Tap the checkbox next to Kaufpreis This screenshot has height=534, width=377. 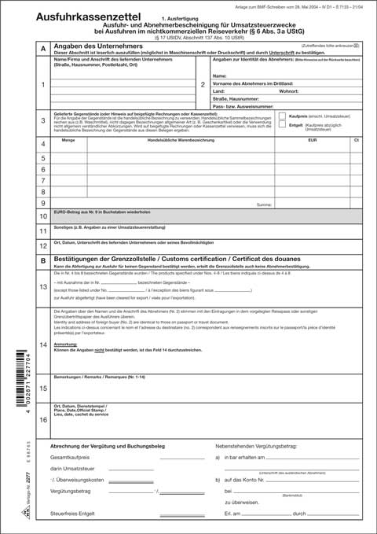(283, 115)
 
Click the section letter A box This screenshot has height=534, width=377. (42, 49)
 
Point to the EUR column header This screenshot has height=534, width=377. (312, 139)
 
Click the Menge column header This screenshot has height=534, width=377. (68, 139)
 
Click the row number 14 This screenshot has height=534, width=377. (42, 344)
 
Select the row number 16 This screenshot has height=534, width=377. (42, 419)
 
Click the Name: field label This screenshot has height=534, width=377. (219, 75)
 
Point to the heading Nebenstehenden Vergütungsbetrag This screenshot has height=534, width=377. (260, 444)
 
